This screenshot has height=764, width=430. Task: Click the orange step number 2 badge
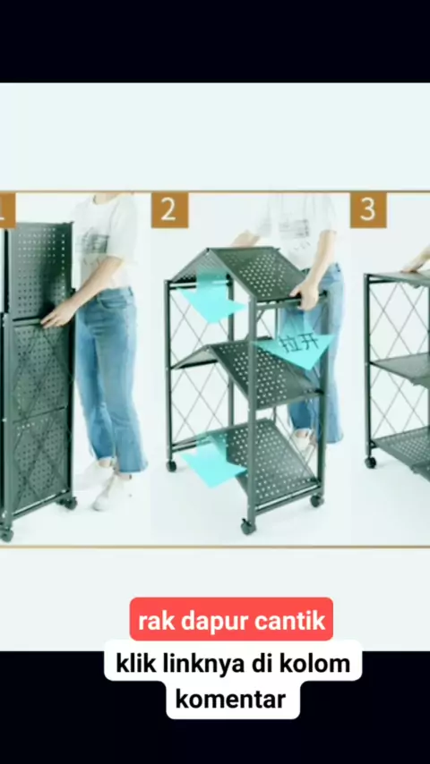pos(169,210)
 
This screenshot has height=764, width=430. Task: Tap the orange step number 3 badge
pos(368,210)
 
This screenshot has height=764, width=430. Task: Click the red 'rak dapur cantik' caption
pos(231,619)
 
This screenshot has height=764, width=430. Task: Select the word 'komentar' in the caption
pos(230,700)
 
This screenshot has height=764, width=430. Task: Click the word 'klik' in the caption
pos(132,664)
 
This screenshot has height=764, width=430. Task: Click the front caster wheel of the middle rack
pos(248,526)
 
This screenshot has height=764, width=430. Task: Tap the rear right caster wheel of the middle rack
pos(317,500)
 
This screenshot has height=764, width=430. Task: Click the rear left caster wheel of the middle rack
pos(171,466)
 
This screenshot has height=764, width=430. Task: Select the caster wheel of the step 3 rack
pos(371,462)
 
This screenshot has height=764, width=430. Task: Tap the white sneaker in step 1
pos(110,492)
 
